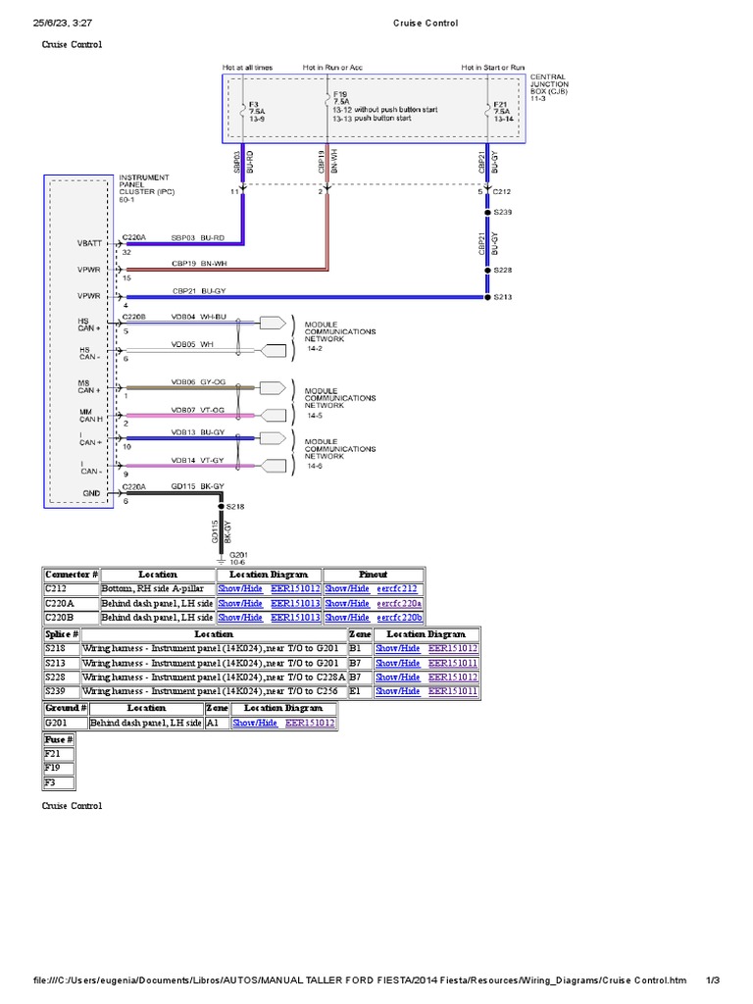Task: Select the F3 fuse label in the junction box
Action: pyautogui.click(x=254, y=103)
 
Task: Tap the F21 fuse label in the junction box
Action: pyautogui.click(x=499, y=104)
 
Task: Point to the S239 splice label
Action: pyautogui.click(x=502, y=212)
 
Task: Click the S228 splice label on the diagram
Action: pyautogui.click(x=502, y=270)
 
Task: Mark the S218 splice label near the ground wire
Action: pyautogui.click(x=235, y=506)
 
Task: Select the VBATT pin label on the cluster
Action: pyautogui.click(x=90, y=243)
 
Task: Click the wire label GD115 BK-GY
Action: pyautogui.click(x=198, y=486)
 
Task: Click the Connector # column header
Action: pyautogui.click(x=72, y=574)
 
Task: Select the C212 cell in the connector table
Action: pyautogui.click(x=57, y=588)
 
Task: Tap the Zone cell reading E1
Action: pyautogui.click(x=355, y=691)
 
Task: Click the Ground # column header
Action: pyautogui.click(x=65, y=707)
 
